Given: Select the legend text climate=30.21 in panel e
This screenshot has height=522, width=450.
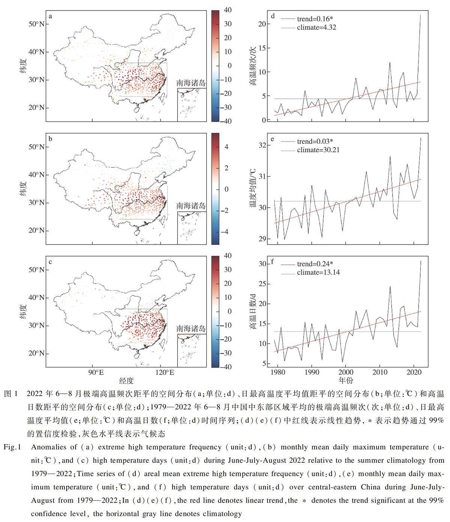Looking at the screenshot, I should tap(318, 150).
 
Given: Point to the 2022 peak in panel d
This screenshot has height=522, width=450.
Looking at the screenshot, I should tap(420, 15).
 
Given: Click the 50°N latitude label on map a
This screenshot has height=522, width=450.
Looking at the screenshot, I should tap(36, 24).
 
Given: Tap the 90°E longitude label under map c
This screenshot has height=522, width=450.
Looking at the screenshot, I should tap(96, 372).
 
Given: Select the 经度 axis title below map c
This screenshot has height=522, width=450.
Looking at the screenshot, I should tap(126, 381).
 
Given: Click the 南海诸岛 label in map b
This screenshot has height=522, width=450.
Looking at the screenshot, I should tap(191, 205).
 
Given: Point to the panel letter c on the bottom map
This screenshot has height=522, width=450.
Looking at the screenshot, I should tap(50, 262).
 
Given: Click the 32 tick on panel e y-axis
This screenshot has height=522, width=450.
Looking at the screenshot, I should tap(262, 145).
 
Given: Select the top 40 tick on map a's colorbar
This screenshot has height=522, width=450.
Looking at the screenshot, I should tap(228, 10).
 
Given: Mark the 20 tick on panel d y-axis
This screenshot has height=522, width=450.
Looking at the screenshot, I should tap(262, 24).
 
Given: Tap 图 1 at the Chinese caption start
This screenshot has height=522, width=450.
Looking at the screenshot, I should tap(11, 394).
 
